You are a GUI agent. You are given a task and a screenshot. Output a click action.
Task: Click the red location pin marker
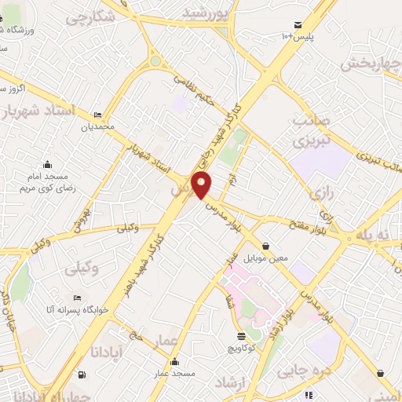[203, 186]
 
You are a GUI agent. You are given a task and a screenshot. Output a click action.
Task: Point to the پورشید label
[208, 13]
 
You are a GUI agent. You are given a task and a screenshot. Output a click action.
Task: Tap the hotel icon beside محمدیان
[97, 115]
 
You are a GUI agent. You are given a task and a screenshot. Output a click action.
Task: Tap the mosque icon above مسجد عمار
[174, 363]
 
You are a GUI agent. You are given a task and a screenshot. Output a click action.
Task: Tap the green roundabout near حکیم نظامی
[155, 60]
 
